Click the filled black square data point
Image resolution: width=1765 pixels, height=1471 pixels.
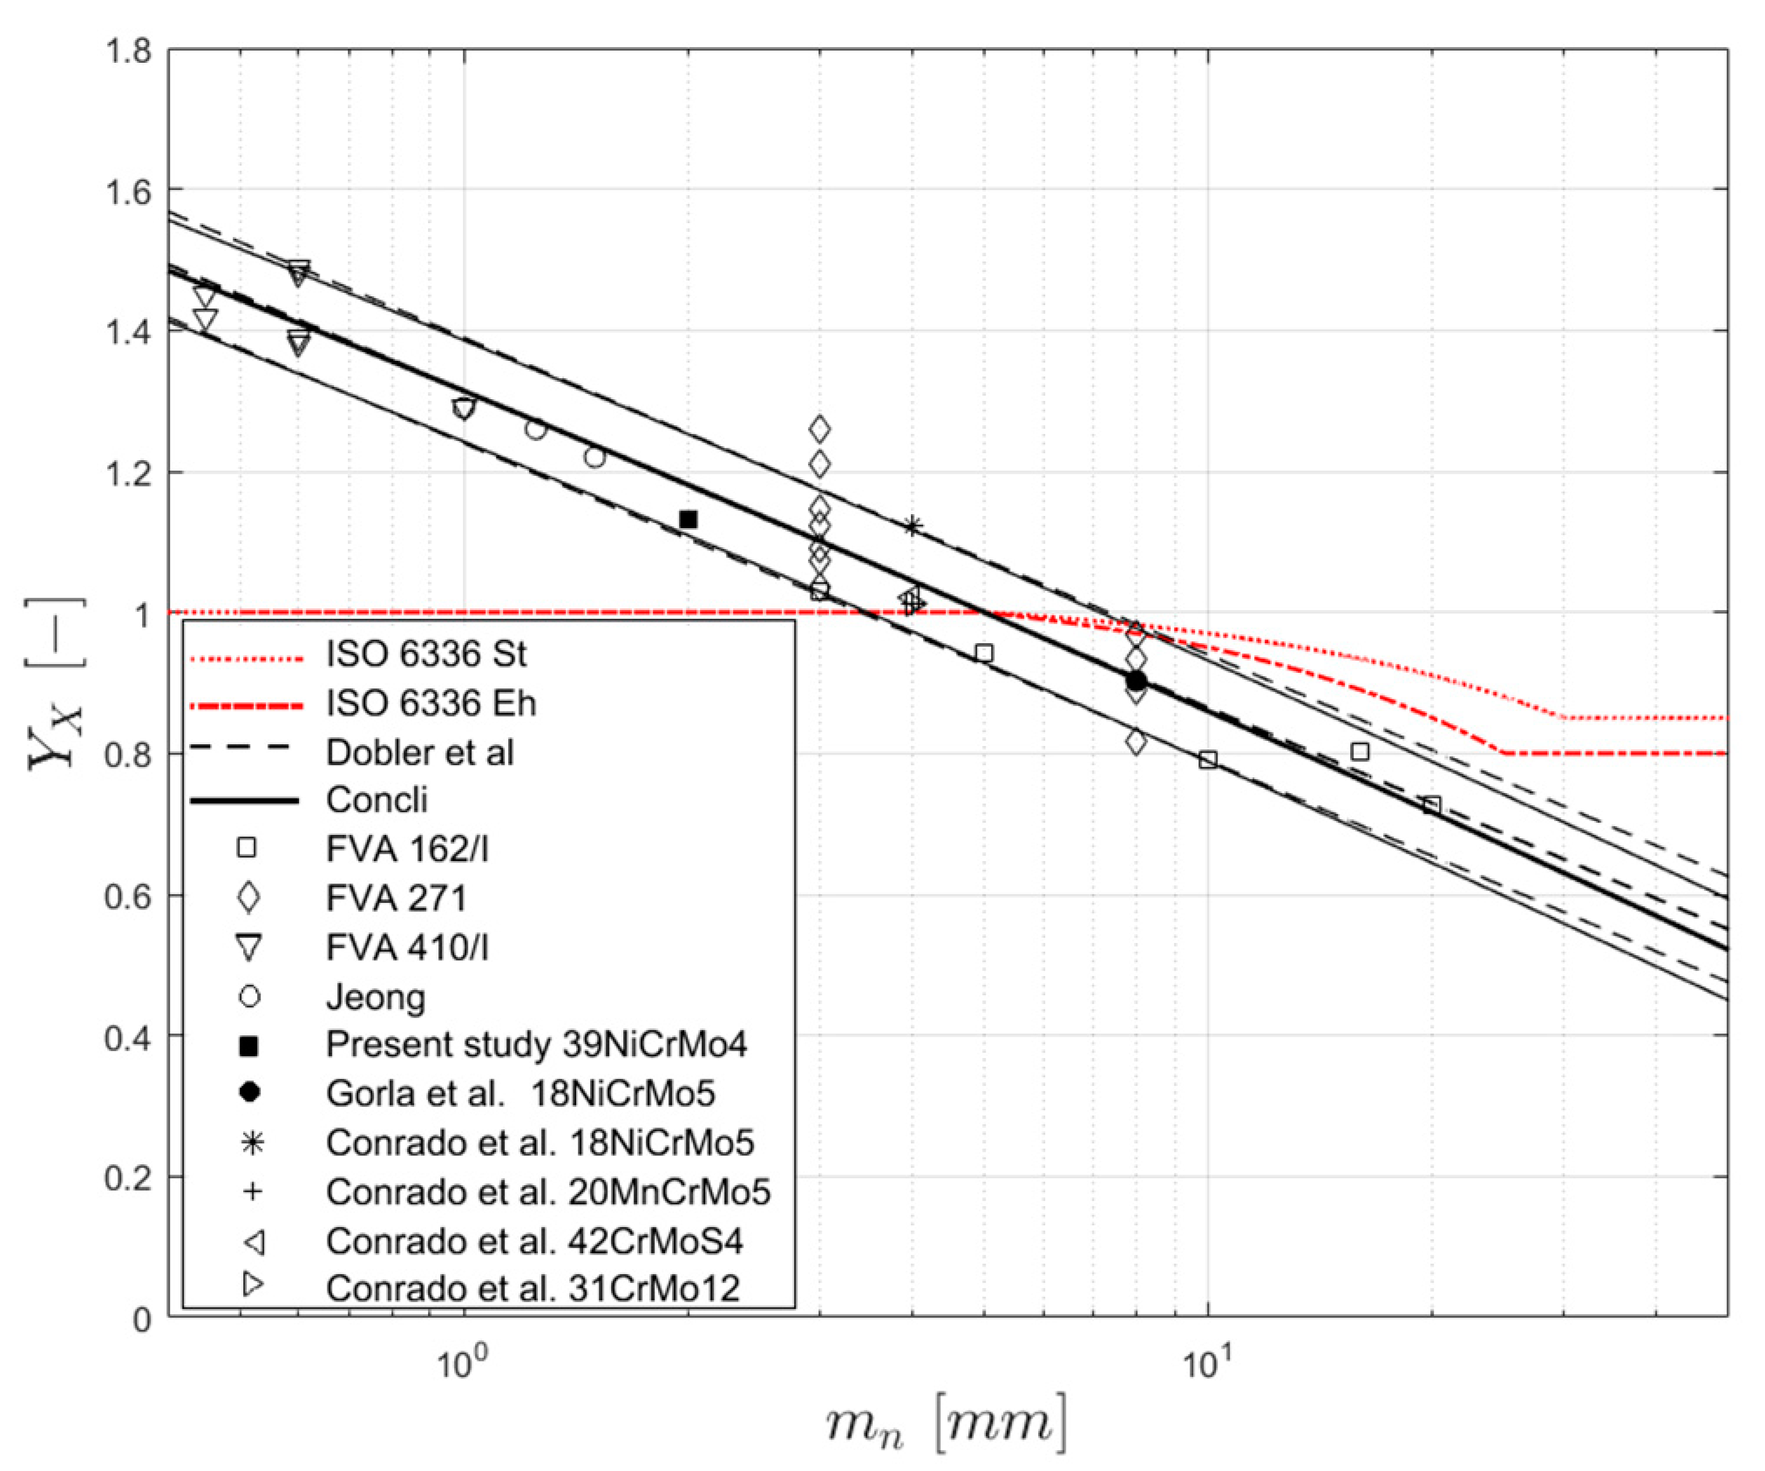coord(688,519)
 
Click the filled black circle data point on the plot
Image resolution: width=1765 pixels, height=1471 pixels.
coord(1136,681)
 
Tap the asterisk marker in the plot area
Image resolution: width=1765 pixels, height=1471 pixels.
coord(912,526)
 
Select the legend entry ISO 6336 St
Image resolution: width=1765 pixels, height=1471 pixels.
coord(425,654)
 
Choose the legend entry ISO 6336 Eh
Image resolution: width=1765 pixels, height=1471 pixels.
coord(431,703)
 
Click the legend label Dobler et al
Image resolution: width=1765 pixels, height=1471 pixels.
coord(419,752)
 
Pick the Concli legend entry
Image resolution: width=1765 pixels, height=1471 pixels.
coord(377,799)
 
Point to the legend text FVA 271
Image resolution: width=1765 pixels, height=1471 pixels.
coord(396,898)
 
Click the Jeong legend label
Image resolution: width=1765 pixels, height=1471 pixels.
coord(376,996)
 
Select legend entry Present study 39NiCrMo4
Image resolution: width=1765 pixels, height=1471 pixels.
coord(536,1044)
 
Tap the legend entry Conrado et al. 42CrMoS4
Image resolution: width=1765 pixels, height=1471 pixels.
coord(534,1241)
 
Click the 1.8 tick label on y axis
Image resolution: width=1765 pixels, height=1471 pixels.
coord(127,51)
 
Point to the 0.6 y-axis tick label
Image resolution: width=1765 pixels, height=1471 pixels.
coord(127,895)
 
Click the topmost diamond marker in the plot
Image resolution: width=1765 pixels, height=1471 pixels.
coord(819,430)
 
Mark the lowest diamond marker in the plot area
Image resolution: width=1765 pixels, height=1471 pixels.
coord(1136,742)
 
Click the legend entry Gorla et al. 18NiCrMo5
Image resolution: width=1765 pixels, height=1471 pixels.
coord(520,1093)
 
